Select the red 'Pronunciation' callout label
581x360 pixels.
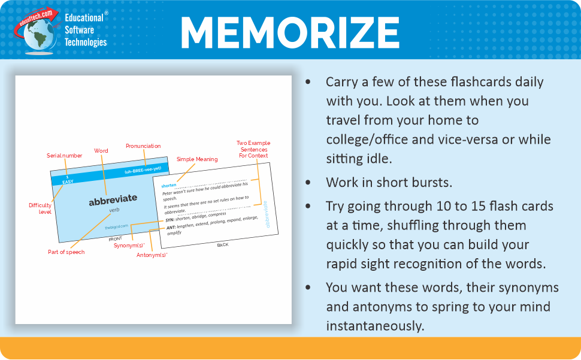pyautogui.click(x=143, y=146)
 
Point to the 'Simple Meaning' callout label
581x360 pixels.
pyautogui.click(x=197, y=159)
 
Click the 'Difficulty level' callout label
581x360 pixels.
pyautogui.click(x=40, y=208)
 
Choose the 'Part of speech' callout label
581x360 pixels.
pyautogui.click(x=66, y=252)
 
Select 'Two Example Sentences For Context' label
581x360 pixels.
pyautogui.click(x=253, y=149)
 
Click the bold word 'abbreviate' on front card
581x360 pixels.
pyautogui.click(x=113, y=198)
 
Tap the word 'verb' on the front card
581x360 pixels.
pyautogui.click(x=114, y=210)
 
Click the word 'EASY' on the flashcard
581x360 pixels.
pyautogui.click(x=68, y=181)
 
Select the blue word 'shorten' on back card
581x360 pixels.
pyautogui.click(x=169, y=186)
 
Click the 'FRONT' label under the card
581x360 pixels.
pyautogui.click(x=115, y=238)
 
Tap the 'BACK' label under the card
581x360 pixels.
pyautogui.click(x=222, y=244)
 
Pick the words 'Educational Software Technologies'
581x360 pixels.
pyautogui.click(x=86, y=29)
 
